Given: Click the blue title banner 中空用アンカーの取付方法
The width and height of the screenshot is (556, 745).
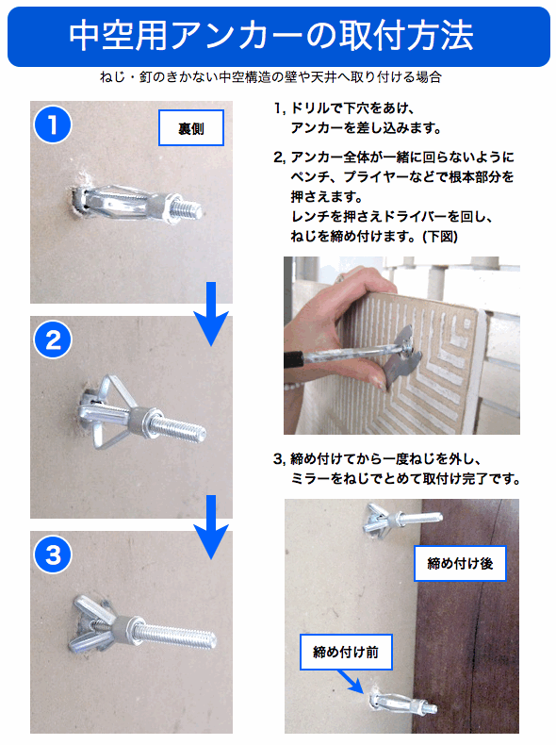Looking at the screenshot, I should click(278, 36).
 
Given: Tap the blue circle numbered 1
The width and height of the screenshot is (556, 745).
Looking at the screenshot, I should click(52, 124).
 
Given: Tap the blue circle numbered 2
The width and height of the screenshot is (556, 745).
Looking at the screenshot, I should click(52, 339).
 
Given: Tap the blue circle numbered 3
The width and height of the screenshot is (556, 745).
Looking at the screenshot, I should click(52, 555).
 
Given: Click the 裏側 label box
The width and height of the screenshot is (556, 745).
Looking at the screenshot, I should click(191, 128).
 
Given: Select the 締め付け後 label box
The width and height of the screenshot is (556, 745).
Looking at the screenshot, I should click(459, 564).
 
